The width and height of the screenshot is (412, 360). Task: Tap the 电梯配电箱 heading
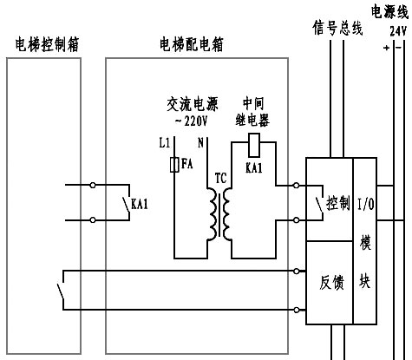(190, 43)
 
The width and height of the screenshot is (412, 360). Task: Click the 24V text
(398, 29)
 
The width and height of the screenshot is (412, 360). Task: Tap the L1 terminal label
(167, 141)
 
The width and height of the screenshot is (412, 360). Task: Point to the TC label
(221, 178)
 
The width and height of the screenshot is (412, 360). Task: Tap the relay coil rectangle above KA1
(254, 141)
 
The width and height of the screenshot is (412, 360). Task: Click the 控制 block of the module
(337, 204)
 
